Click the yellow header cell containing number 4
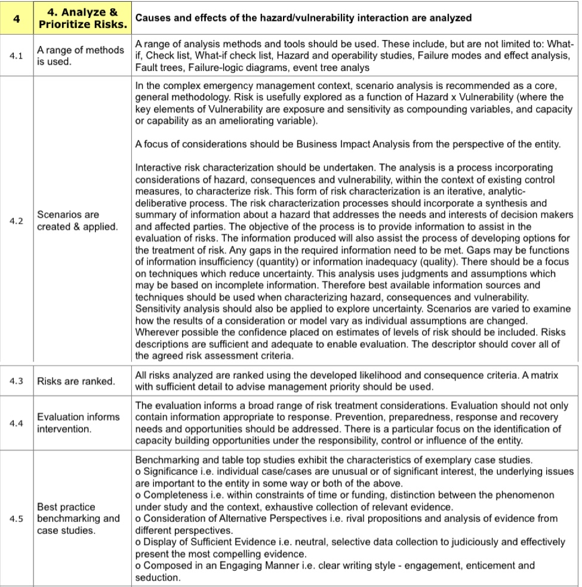17,18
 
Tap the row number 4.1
17,57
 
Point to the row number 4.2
17,221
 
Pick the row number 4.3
17,381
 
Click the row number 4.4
17,422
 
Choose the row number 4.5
17,518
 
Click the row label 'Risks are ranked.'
76,381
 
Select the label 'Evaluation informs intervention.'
78,422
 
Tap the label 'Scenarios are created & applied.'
78,221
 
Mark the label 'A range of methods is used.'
80,57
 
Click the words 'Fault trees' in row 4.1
156,67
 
